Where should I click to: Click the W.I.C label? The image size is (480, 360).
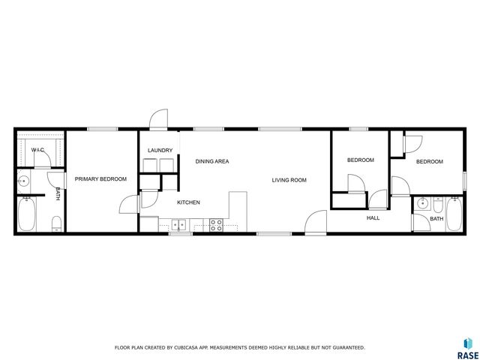point(37,150)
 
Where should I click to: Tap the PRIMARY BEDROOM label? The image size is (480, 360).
point(100,178)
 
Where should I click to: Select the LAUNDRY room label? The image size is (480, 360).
point(160,150)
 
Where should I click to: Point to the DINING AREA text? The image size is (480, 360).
point(212,161)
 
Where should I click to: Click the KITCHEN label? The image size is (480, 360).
point(188,202)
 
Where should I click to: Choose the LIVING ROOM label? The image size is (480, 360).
point(289,180)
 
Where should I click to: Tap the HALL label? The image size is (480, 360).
point(373,218)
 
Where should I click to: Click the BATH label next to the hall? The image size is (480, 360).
point(436,219)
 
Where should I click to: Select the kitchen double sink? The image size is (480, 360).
point(179,224)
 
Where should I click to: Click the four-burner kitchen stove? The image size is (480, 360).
point(216,223)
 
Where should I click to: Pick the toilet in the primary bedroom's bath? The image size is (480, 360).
point(56,223)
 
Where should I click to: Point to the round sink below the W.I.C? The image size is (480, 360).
point(24,180)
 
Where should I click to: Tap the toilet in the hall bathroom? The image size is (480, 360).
point(438,205)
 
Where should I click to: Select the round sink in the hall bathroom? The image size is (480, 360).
point(421,202)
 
